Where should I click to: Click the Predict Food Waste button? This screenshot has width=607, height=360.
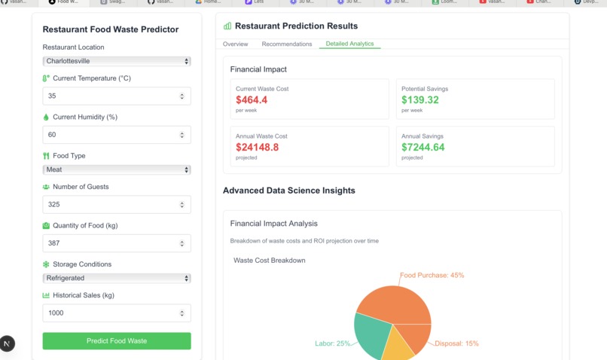(117, 341)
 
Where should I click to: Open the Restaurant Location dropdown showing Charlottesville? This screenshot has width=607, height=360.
(117, 61)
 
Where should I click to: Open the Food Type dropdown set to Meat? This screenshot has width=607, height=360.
(117, 169)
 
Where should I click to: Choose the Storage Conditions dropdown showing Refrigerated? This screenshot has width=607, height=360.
(117, 278)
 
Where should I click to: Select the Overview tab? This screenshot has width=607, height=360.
(236, 44)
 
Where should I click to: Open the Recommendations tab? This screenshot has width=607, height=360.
(287, 44)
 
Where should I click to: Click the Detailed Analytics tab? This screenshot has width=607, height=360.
(349, 44)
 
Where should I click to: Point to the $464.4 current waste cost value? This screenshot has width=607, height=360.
(252, 99)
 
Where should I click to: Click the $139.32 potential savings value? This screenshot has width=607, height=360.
(420, 99)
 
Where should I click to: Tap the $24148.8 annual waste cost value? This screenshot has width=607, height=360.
(258, 147)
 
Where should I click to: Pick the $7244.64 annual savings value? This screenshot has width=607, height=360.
(423, 147)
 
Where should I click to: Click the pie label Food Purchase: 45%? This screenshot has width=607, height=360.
(432, 276)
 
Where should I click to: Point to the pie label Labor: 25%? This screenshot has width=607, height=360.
(333, 343)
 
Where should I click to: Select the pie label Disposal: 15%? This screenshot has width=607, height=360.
(456, 343)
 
